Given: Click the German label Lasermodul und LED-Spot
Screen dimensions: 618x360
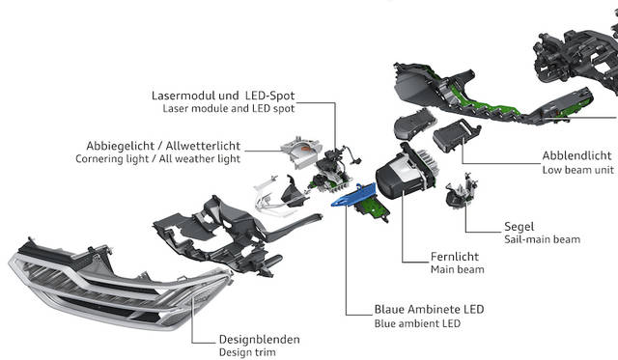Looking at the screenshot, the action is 223,96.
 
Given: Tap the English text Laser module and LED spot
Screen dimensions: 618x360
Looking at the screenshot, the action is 229,108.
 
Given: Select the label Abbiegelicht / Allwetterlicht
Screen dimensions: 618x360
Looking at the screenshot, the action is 163,146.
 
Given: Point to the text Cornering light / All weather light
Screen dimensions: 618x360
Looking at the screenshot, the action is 157,158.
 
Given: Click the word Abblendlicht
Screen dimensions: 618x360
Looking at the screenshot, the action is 577,155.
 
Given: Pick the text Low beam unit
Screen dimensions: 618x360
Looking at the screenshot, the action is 578,170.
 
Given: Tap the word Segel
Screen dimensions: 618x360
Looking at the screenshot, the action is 520,227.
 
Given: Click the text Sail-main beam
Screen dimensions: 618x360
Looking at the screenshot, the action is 542,239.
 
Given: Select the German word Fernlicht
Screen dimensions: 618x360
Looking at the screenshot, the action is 455,257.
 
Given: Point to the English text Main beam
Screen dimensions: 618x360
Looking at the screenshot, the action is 457,270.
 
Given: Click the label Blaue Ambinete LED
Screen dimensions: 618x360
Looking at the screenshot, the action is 429,310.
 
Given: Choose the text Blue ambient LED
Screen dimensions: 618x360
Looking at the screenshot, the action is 417,323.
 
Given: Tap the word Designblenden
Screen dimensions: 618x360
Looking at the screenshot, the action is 260,340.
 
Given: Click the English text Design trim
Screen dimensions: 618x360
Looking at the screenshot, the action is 247,352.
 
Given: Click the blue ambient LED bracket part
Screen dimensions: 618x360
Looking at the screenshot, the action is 353,195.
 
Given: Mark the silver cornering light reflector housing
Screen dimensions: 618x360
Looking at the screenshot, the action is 300,152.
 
